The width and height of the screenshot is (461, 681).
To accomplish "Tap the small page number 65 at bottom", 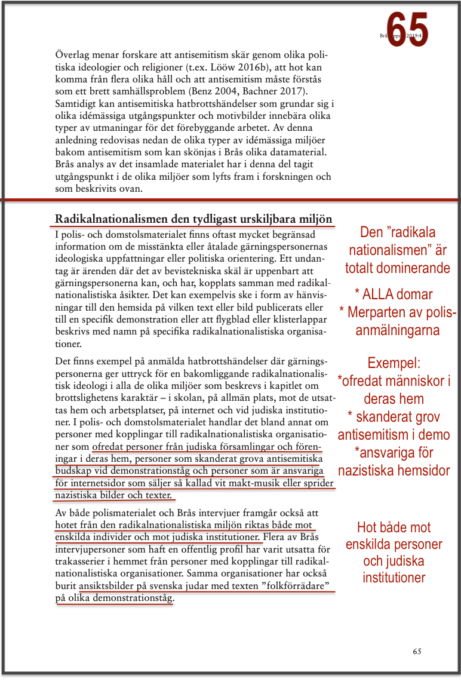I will pos(417,651).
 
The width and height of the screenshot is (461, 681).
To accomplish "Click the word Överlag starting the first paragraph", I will pos(75,54).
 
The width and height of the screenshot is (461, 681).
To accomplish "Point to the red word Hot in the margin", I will pos(368,527).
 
